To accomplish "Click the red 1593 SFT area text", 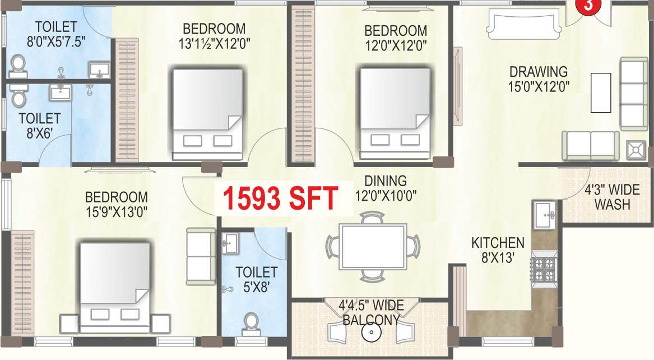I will point(281,198).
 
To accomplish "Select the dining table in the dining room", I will point(373,246).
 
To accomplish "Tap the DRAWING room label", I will point(538,72).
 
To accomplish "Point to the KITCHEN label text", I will point(498,243).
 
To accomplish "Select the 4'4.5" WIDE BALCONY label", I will point(369,313).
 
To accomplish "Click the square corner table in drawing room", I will point(636,150).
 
